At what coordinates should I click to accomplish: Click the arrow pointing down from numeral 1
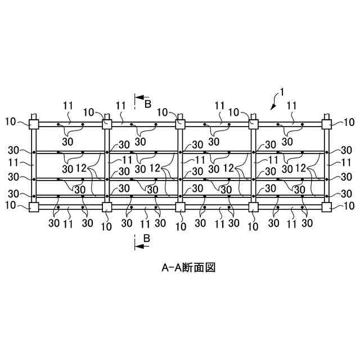(273, 103)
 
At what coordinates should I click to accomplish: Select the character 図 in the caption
(210, 268)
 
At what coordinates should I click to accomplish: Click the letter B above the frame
(148, 104)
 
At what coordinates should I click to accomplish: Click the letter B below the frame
(147, 238)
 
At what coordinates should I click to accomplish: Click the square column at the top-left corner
(33, 124)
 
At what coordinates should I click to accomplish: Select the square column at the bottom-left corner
(33, 207)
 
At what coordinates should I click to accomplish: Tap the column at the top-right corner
(326, 123)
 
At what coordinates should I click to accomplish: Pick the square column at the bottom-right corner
(326, 207)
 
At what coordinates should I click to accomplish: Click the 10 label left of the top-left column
(11, 121)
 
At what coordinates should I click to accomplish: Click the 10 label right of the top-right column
(349, 121)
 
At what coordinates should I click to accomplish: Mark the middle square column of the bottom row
(180, 207)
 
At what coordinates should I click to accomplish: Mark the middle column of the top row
(180, 123)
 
